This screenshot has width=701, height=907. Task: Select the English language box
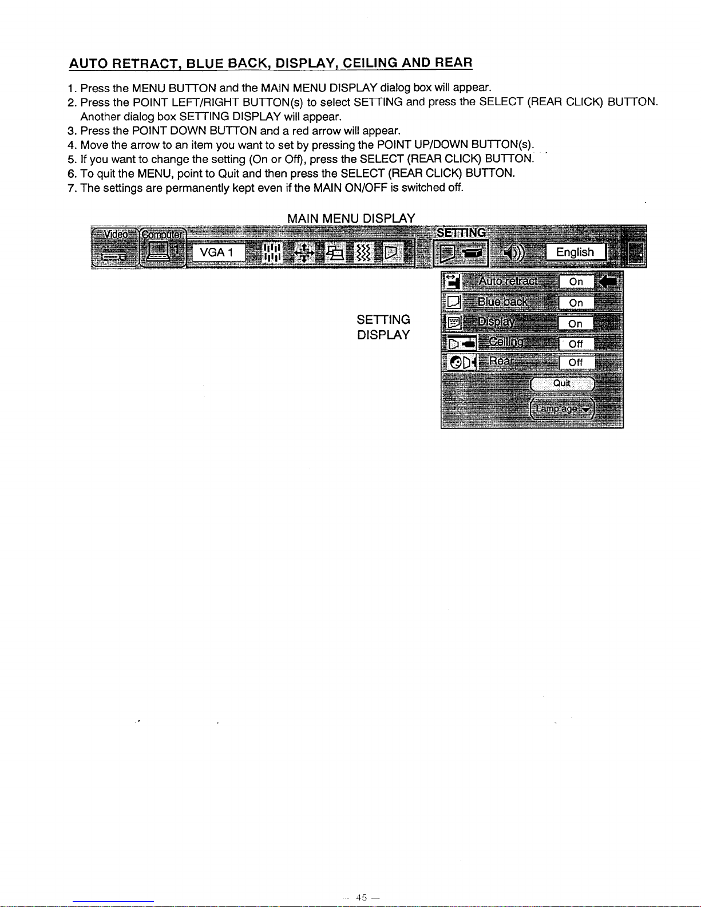[576, 252]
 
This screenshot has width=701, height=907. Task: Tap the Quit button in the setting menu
[562, 383]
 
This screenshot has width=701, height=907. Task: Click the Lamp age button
[562, 409]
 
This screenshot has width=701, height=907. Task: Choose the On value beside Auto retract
[576, 282]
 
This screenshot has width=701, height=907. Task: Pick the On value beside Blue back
[576, 303]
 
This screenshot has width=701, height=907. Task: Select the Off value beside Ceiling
[576, 344]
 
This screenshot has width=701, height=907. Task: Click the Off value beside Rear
[576, 363]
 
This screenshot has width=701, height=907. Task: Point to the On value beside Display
[576, 324]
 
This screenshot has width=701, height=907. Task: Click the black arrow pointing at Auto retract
[608, 282]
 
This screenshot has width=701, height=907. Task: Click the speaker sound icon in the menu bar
[514, 252]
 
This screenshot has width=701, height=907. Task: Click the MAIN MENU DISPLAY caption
[351, 218]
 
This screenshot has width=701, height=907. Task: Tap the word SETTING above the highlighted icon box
[461, 232]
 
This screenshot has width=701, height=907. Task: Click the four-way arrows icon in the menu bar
[304, 253]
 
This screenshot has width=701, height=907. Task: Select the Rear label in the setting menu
[501, 361]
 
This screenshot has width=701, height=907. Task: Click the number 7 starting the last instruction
[71, 188]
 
